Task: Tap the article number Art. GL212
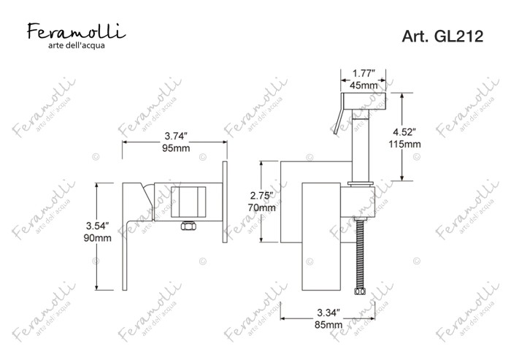point(442,37)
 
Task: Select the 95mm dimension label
point(176,148)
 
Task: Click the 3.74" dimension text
point(177,137)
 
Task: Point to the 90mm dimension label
point(97,238)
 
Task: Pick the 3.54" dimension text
point(97,226)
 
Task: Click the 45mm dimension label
point(364,85)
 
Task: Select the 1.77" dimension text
point(364,73)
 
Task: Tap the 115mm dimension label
point(404,144)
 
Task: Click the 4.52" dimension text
point(404,132)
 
